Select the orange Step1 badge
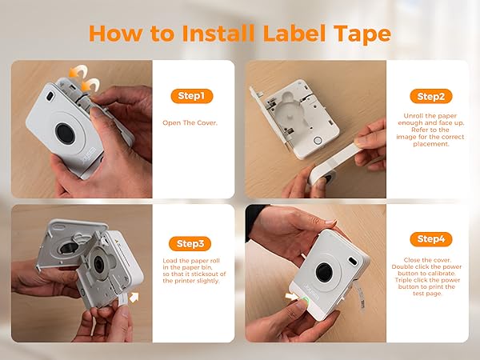tap(192, 96)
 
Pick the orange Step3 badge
tap(192, 243)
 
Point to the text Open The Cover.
tap(192, 123)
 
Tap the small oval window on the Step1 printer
tap(50, 96)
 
